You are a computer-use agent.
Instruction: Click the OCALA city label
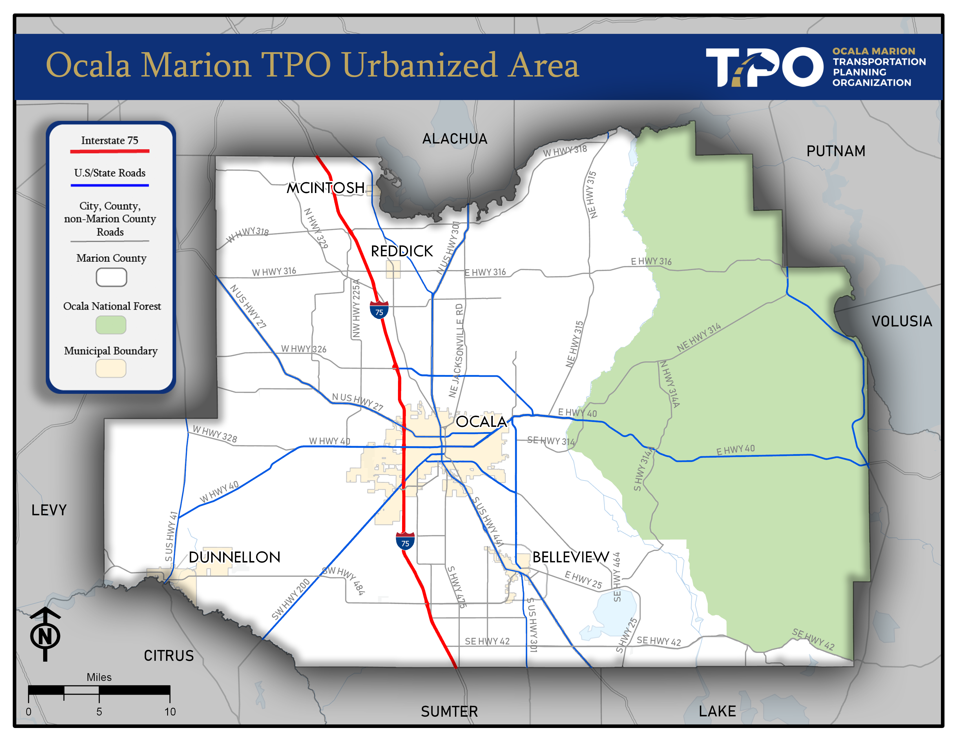tap(481, 422)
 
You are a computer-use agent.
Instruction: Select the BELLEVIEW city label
tap(570, 557)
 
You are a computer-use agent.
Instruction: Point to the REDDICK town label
tap(402, 251)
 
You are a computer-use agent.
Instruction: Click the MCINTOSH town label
tap(325, 188)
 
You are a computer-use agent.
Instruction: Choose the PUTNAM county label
tap(835, 151)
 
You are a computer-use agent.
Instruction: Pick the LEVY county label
tap(49, 510)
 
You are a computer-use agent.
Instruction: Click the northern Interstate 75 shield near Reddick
tap(379, 310)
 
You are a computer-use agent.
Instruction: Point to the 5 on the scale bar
tap(99, 711)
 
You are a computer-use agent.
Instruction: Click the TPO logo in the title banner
tap(764, 67)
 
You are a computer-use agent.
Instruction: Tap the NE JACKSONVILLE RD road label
tap(457, 350)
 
